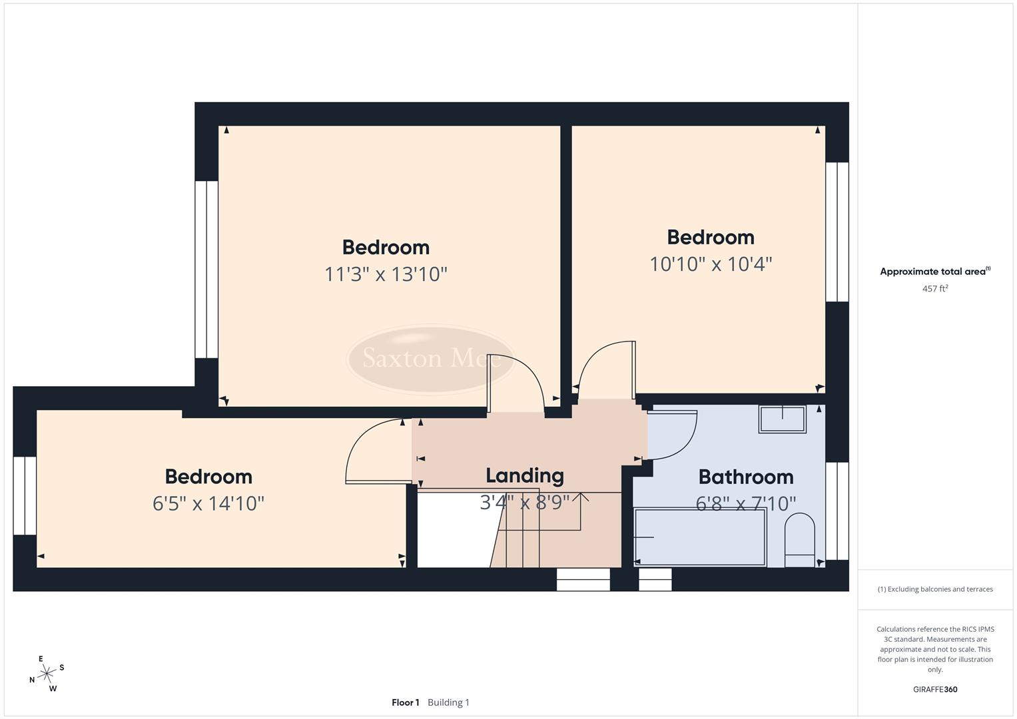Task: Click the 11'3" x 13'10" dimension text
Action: (386, 274)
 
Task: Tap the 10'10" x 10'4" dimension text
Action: (711, 264)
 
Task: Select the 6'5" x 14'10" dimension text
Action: (208, 503)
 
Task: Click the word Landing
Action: (525, 475)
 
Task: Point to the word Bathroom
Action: (746, 477)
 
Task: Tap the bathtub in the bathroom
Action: (700, 537)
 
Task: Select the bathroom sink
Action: (783, 419)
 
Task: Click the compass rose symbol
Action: (47, 674)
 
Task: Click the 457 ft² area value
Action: (935, 289)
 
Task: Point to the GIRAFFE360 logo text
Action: (935, 690)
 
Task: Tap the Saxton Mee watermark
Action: (431, 359)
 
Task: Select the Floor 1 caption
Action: (405, 702)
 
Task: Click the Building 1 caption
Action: (448, 702)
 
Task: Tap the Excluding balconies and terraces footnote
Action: (935, 589)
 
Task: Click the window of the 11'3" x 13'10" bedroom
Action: (206, 270)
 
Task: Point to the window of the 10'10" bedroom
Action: (837, 232)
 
